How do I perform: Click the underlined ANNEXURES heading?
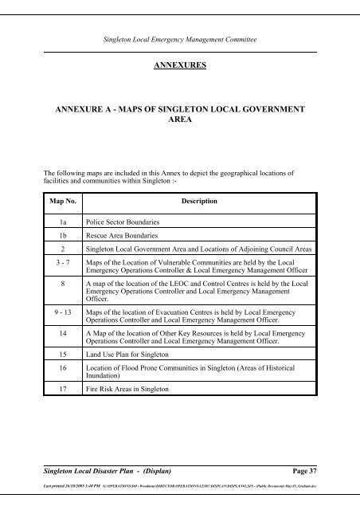click(179, 69)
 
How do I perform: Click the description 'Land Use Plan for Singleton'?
click(131, 371)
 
